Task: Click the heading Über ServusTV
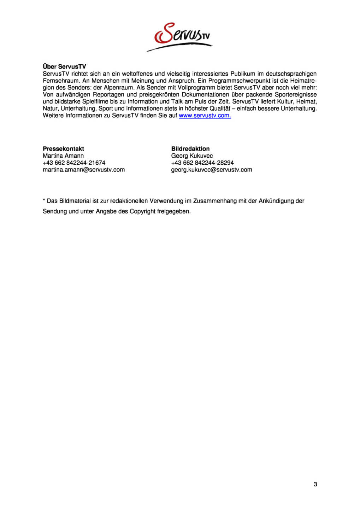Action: coord(64,66)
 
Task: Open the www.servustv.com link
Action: coord(205,116)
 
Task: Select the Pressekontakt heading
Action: coord(63,149)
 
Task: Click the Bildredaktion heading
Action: coord(190,149)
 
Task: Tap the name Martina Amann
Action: coord(63,156)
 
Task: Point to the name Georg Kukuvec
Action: coord(192,156)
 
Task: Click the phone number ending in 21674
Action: coord(74,163)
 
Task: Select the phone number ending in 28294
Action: coord(202,163)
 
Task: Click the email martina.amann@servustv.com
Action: coord(84,170)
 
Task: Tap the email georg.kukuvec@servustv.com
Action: coord(212,170)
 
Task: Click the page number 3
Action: coord(315,484)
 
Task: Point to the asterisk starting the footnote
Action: coord(44,200)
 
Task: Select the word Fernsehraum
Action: coord(62,81)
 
